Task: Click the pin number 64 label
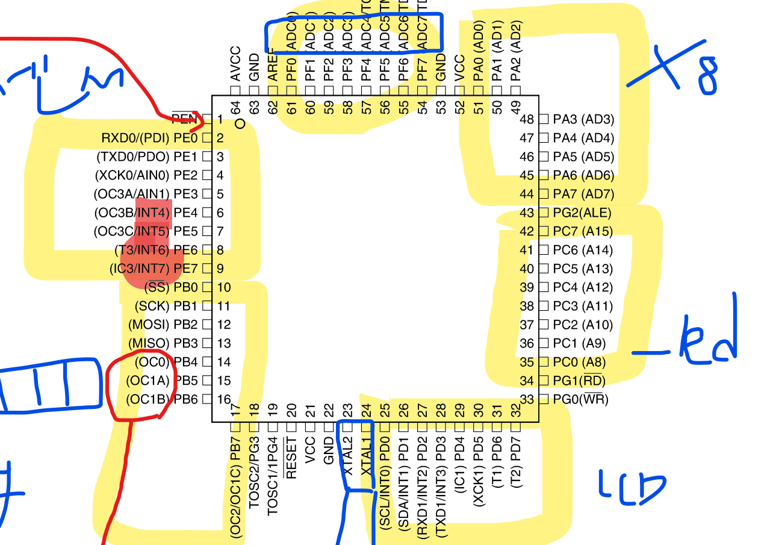237,107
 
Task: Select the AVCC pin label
236,64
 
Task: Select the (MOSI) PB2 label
163,325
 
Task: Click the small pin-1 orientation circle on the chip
241,124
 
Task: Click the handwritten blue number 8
708,76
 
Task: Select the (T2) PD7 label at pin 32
515,471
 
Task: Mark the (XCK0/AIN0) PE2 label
146,176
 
